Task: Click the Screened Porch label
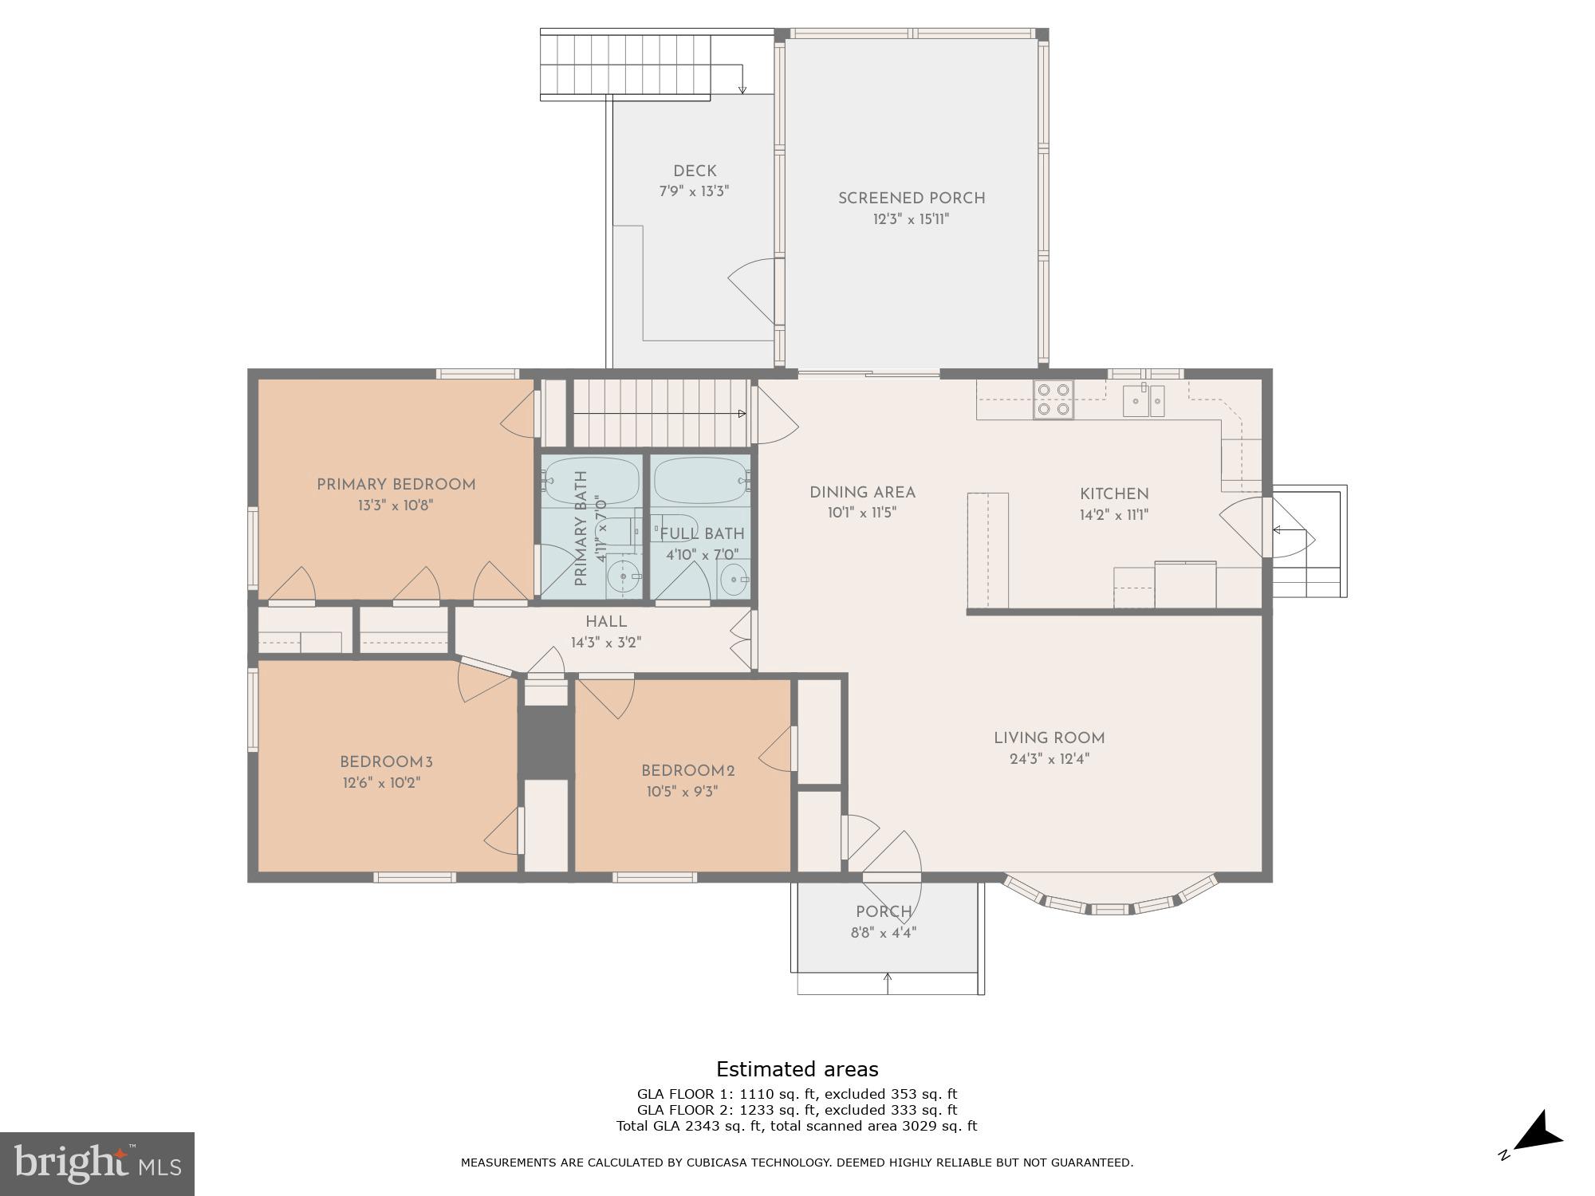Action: tap(912, 199)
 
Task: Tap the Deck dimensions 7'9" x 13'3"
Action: tap(694, 191)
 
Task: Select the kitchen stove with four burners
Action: tap(1053, 399)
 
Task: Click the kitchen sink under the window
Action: tap(1144, 400)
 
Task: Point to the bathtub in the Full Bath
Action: tap(699, 479)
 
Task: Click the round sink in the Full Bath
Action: tap(733, 580)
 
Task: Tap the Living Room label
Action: tap(1049, 738)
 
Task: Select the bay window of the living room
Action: tap(1110, 899)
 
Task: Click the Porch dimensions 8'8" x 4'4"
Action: tap(884, 932)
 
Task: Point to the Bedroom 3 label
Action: tap(386, 762)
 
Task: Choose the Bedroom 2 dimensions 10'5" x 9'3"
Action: tap(683, 792)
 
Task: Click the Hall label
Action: tap(606, 622)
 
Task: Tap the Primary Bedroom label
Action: tap(396, 485)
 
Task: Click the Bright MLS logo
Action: tap(96, 1163)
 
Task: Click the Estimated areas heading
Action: tap(797, 1069)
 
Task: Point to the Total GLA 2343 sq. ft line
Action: tap(797, 1126)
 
